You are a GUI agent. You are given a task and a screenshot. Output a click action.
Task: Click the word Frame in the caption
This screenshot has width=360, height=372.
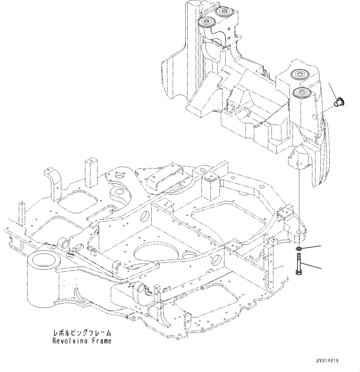tap(102, 341)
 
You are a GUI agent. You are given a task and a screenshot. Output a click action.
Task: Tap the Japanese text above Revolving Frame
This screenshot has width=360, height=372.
tap(82, 333)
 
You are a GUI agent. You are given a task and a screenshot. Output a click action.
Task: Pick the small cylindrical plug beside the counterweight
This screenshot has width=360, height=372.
tap(340, 102)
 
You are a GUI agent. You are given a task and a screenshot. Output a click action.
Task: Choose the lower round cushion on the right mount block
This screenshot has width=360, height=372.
tap(301, 92)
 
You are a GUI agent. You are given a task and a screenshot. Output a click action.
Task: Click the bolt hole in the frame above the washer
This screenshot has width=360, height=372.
tap(299, 232)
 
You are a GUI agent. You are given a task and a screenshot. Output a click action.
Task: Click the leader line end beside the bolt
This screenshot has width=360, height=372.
tap(321, 268)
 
